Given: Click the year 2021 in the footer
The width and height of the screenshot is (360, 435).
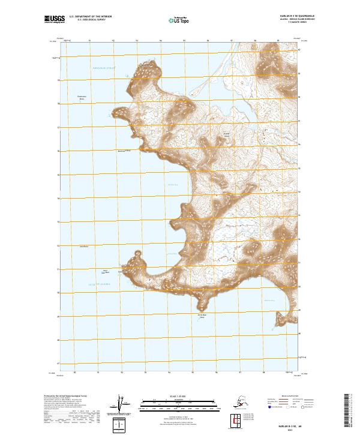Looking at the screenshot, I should (x=299, y=429).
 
